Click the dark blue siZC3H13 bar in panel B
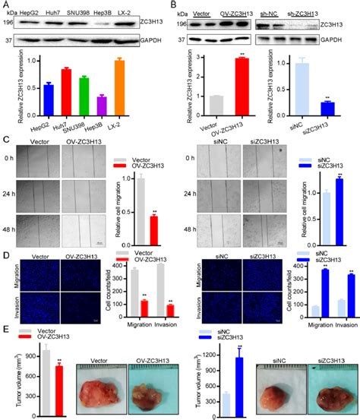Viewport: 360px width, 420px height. click(x=327, y=107)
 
